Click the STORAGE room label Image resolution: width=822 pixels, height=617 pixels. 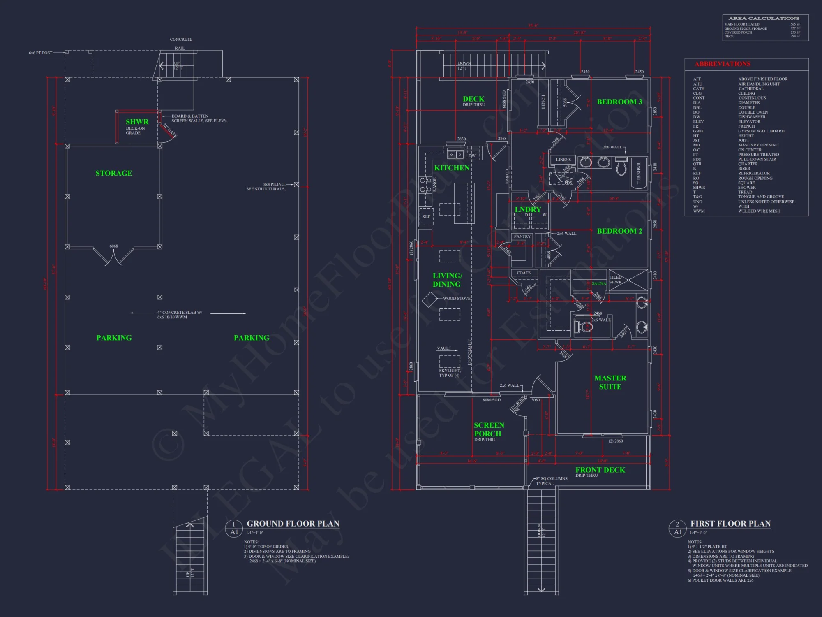tap(114, 173)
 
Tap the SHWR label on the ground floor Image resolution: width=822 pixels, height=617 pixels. tap(137, 122)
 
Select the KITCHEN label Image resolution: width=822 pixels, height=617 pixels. tap(452, 168)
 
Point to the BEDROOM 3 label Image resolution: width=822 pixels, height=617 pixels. tap(619, 102)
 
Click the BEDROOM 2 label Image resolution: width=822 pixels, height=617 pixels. tap(619, 231)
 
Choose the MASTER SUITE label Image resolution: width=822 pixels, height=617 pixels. tap(610, 382)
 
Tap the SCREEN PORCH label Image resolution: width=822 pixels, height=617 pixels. tap(488, 429)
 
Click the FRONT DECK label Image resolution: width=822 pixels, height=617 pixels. tap(600, 470)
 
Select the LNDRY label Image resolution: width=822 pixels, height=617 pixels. tap(528, 209)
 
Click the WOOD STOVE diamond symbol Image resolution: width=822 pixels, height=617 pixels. tap(430, 299)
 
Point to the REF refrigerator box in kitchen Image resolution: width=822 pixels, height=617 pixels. tap(426, 217)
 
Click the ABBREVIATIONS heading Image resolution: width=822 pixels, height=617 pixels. tap(723, 64)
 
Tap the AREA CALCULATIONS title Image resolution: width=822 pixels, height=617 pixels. tap(764, 18)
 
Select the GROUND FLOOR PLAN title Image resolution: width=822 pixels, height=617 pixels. tap(293, 524)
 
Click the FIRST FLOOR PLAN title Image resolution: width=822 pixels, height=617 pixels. tap(730, 524)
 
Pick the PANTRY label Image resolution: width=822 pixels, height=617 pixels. tap(522, 237)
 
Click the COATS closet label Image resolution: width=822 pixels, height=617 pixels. tap(524, 273)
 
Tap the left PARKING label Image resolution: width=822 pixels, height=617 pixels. tap(114, 338)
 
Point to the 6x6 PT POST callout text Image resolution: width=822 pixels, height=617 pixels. tap(40, 53)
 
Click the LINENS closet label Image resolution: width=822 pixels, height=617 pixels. tap(563, 160)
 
